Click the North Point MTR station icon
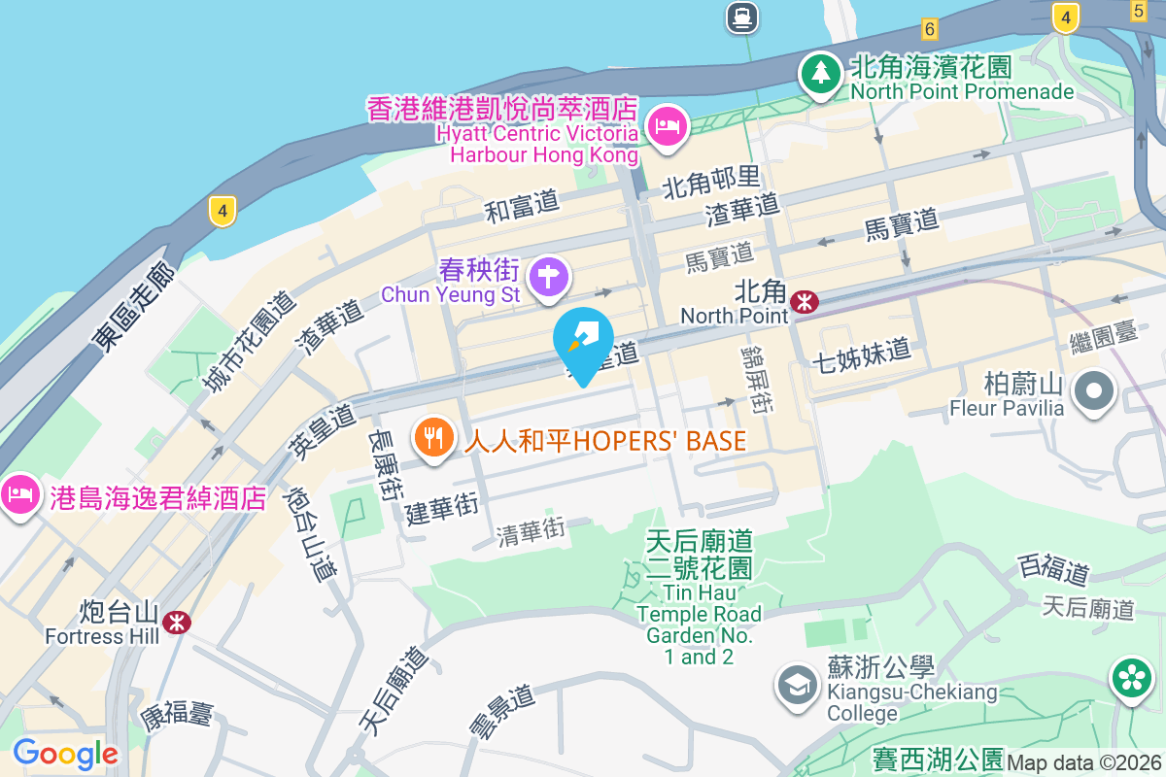point(804,302)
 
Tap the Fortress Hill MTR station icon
point(176,622)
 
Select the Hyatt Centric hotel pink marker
point(668,126)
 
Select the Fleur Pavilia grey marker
point(1094,391)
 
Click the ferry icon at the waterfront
point(741,15)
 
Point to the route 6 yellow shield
point(930,28)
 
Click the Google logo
point(65,754)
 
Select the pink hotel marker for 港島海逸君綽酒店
point(20,495)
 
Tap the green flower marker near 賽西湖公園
point(1132,679)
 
